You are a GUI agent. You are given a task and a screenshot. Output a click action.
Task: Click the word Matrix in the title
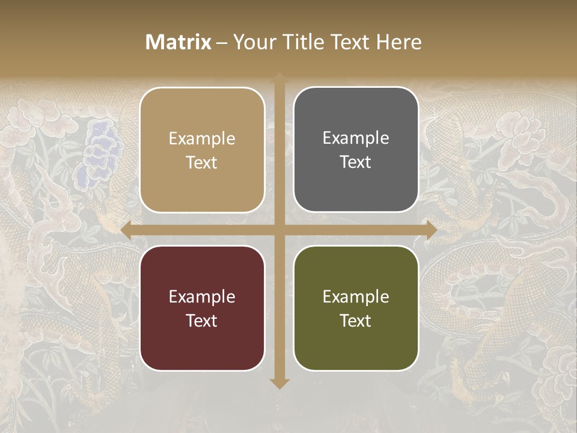point(178,42)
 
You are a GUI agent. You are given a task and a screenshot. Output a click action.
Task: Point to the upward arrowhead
point(279,77)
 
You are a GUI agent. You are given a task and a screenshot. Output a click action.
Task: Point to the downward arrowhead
point(279,383)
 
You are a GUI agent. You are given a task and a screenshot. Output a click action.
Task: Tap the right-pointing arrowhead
point(431,230)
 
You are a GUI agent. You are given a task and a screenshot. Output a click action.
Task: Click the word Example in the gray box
point(356,138)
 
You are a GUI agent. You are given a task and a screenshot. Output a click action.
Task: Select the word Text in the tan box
point(202,163)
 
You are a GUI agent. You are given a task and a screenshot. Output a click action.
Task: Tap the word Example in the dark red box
point(202,296)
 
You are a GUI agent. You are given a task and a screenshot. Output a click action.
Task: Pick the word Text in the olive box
point(356,321)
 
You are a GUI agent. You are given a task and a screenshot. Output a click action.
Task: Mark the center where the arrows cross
point(279,230)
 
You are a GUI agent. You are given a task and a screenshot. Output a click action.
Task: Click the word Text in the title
point(350,42)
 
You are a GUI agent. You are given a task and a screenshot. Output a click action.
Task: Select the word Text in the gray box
point(356,162)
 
